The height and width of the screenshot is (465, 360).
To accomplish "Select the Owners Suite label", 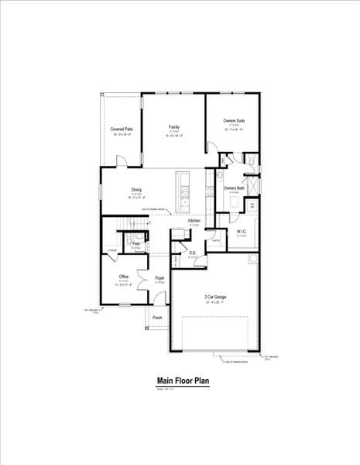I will [x=234, y=121].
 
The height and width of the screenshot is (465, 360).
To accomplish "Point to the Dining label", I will [x=135, y=189].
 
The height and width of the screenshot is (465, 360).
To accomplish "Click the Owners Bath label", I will [x=235, y=188].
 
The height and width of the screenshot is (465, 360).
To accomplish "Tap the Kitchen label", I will [x=194, y=222].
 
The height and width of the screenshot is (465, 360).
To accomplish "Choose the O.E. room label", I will [x=192, y=253].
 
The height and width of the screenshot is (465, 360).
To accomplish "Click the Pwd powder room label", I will [x=135, y=244].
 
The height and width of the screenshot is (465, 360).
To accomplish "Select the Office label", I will [x=123, y=276].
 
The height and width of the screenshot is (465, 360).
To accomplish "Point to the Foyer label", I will [x=159, y=277].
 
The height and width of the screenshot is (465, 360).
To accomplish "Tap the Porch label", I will [x=157, y=318].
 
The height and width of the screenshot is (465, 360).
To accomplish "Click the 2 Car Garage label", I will [x=218, y=297].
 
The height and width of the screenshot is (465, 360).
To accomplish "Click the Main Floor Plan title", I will [x=183, y=381].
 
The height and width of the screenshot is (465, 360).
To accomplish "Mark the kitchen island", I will [x=184, y=191].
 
